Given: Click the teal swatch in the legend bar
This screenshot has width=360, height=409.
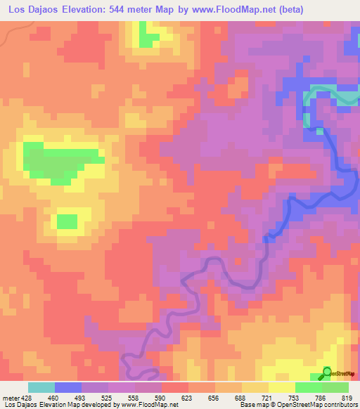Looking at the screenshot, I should [41, 387].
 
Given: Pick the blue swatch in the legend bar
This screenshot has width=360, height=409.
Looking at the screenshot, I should [68, 387].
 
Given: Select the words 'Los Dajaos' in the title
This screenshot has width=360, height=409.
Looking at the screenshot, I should [32, 8].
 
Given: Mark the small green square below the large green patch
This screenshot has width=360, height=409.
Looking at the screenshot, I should [67, 221].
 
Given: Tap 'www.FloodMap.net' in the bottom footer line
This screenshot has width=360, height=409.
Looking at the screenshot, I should [148, 405].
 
